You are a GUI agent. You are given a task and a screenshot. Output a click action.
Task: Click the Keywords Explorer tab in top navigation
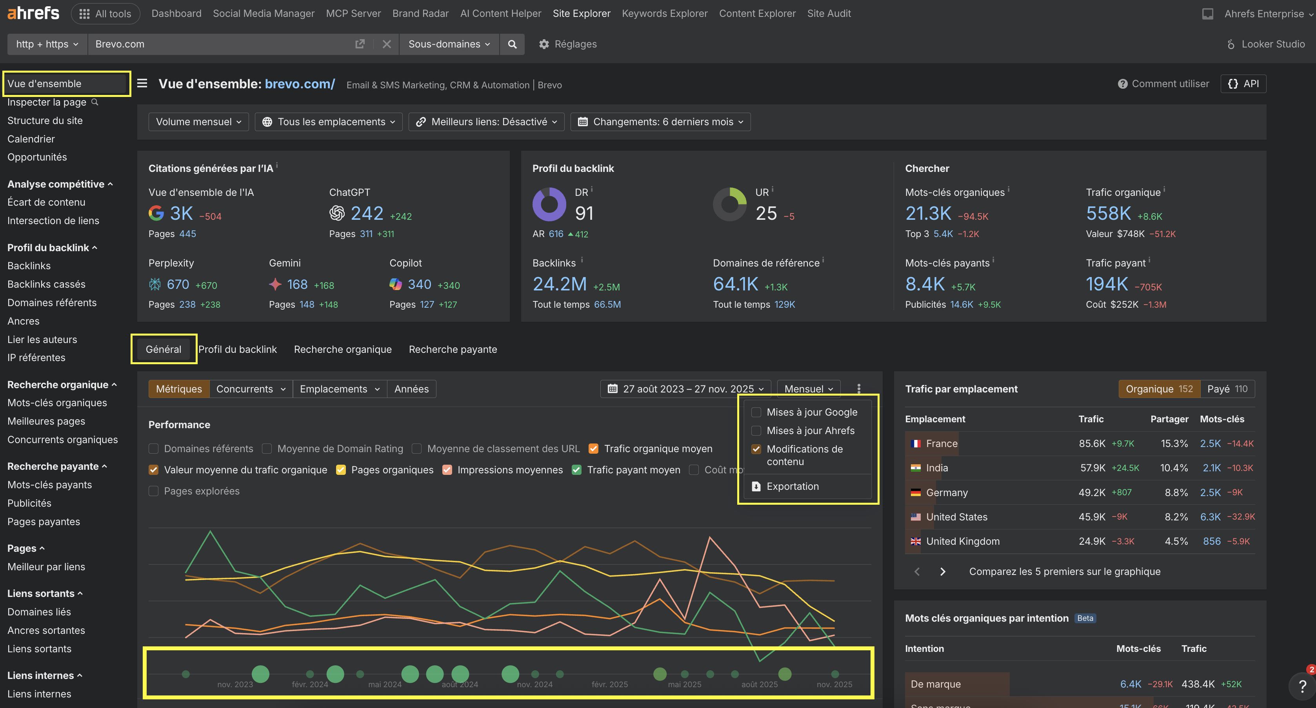(664, 14)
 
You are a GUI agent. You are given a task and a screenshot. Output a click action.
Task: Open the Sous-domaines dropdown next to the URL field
(449, 44)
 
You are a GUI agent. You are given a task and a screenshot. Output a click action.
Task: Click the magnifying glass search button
(512, 44)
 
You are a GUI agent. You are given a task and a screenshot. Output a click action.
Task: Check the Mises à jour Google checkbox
(756, 412)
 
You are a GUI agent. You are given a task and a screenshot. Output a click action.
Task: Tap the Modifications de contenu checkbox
(756, 449)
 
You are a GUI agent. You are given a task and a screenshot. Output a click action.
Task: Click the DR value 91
(584, 213)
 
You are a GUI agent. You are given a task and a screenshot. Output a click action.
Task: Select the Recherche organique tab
(342, 349)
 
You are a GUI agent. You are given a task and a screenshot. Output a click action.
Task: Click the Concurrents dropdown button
(250, 389)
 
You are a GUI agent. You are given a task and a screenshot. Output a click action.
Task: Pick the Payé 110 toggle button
(1227, 389)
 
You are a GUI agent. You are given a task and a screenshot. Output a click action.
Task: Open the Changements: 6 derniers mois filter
(660, 122)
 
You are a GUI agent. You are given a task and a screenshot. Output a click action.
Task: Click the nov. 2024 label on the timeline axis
(534, 684)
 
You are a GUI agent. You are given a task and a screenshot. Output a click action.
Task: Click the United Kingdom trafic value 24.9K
(1091, 541)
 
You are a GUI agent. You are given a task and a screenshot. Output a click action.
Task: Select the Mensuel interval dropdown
(808, 389)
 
